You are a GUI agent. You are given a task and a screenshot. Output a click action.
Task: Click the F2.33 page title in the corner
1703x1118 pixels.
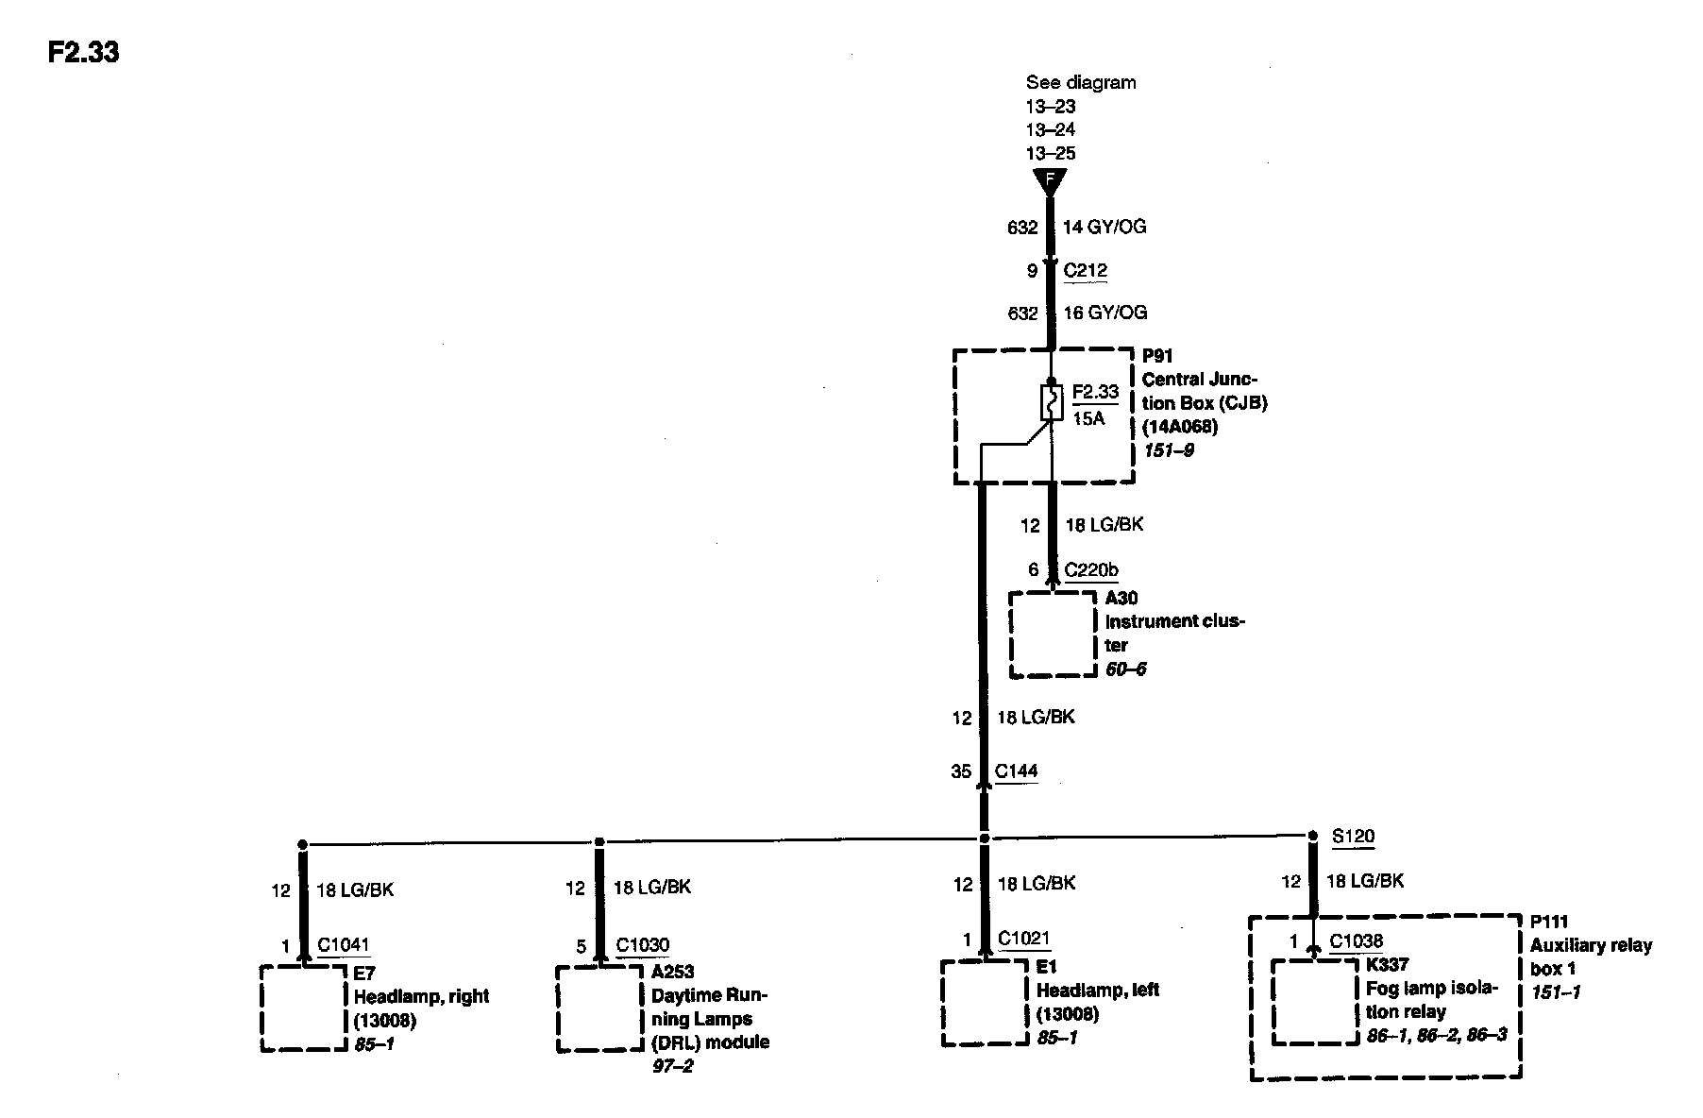pos(83,52)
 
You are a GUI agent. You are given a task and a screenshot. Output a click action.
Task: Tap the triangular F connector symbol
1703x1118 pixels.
pos(1049,180)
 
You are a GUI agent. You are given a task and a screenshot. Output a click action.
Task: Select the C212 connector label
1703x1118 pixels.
pos(1085,271)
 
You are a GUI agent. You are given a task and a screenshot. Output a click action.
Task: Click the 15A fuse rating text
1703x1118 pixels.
pos(1088,417)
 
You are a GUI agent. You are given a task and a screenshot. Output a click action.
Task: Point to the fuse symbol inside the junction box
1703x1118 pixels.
pos(1051,402)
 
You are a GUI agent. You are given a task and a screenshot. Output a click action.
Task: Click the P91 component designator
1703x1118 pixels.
pos(1157,356)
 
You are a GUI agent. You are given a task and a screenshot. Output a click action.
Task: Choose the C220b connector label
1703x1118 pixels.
pos(1091,569)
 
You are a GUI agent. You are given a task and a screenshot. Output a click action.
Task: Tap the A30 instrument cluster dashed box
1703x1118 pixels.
pos(1053,634)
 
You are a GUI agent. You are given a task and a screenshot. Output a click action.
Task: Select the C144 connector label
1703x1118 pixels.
pos(1016,771)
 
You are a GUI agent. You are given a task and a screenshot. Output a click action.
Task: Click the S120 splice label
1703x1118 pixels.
pos(1353,836)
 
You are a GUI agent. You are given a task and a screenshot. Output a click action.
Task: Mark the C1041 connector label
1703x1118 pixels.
pos(344,944)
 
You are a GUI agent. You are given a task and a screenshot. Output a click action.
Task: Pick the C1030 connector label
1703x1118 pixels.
pos(642,945)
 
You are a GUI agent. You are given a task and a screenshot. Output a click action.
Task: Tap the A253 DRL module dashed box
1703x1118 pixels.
pos(599,1008)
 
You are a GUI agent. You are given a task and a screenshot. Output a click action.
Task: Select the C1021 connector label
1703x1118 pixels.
pos(1024,939)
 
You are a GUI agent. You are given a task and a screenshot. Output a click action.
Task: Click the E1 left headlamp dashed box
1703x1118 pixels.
pos(984,1002)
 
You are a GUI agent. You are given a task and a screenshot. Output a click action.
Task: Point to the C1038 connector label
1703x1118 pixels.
pos(1357,940)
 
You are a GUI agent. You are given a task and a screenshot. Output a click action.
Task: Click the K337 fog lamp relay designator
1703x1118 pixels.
pos(1387,964)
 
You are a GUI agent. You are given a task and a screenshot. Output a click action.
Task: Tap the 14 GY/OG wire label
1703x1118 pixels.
pos(1104,227)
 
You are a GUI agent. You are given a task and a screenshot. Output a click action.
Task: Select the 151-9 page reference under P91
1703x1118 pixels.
pos(1168,450)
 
